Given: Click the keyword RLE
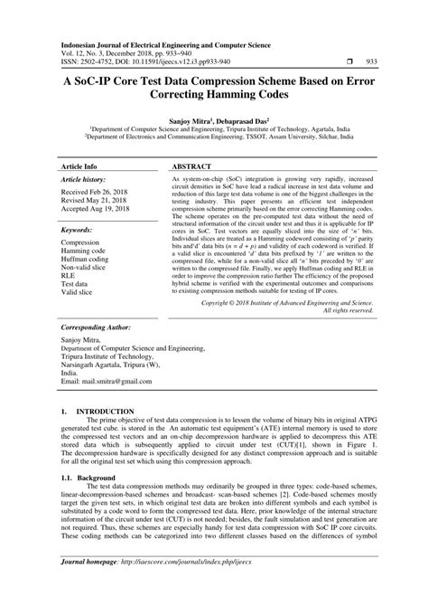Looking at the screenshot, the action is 68,276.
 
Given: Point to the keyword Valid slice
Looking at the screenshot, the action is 79,292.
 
